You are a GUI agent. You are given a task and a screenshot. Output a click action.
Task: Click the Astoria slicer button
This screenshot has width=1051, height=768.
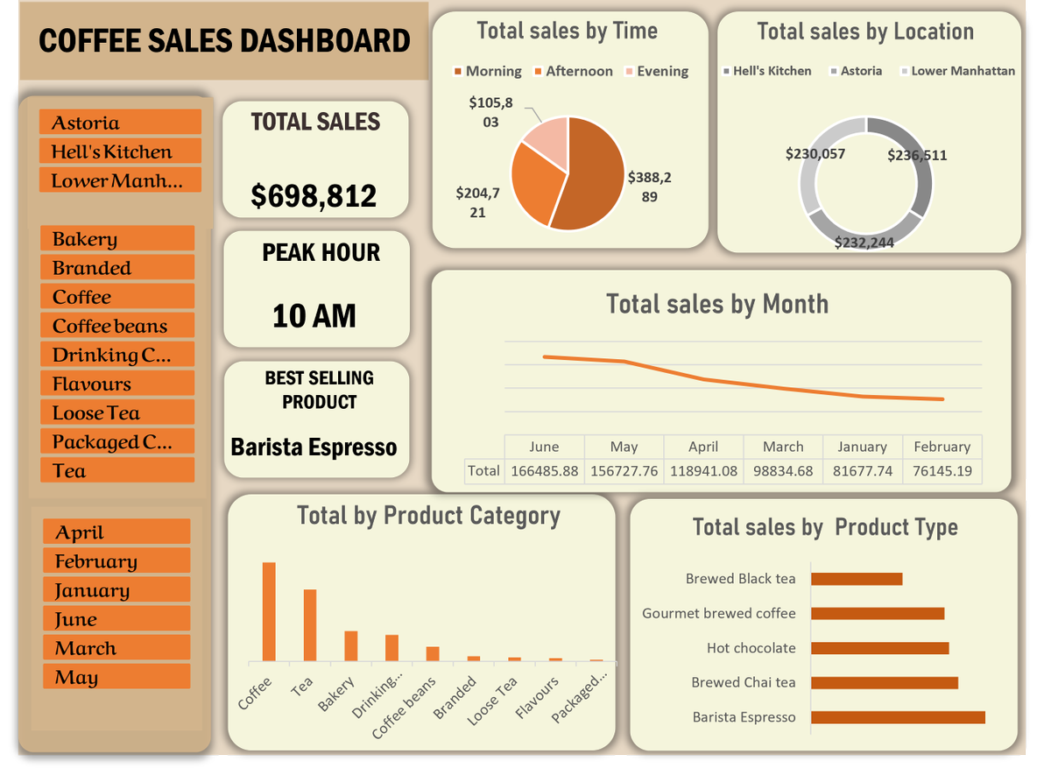(x=120, y=123)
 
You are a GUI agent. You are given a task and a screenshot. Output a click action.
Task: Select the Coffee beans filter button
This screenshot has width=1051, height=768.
(x=117, y=326)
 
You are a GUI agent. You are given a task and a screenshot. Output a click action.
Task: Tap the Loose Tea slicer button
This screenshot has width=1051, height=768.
(x=117, y=412)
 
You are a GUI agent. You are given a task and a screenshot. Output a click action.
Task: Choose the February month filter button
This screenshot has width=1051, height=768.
(x=116, y=561)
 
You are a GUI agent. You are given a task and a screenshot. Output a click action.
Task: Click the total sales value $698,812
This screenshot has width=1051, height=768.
(x=314, y=195)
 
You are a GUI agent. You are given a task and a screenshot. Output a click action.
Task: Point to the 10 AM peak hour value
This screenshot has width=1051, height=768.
(x=314, y=315)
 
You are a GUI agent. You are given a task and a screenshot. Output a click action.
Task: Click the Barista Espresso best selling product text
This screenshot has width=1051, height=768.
(x=314, y=447)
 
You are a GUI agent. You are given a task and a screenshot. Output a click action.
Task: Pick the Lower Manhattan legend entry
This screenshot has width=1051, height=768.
(x=956, y=71)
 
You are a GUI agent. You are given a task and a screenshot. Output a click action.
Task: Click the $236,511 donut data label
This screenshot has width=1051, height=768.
(x=917, y=156)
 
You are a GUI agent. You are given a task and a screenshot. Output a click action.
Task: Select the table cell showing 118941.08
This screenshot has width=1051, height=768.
(x=703, y=471)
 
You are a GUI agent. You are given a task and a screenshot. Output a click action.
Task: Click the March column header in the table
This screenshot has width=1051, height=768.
(x=783, y=447)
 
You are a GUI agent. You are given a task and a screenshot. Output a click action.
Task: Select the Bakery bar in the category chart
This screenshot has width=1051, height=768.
(x=350, y=645)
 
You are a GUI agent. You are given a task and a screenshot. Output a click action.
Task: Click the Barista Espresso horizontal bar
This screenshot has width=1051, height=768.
(x=898, y=717)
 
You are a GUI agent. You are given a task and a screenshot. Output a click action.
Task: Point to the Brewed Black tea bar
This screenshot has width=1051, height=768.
(x=857, y=579)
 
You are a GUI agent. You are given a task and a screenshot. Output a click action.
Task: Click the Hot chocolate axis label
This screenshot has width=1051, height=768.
(x=751, y=648)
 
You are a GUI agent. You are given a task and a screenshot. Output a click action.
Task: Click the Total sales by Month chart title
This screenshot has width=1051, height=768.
(x=717, y=305)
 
